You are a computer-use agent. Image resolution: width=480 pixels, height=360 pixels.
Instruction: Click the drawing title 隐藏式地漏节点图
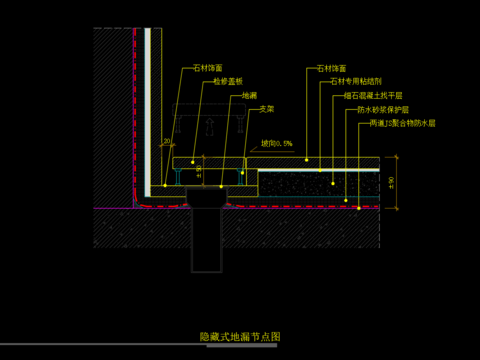coord(240,338)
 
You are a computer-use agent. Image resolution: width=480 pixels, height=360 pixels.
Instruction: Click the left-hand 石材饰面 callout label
coord(209,69)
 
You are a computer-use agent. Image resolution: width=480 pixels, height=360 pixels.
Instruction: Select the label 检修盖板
coord(226,83)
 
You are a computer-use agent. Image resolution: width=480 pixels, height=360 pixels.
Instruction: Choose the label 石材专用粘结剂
coord(351,83)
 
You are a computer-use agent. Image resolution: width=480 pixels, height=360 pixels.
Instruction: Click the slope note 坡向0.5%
coord(276,144)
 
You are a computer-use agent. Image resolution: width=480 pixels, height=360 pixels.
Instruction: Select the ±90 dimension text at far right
coord(392,181)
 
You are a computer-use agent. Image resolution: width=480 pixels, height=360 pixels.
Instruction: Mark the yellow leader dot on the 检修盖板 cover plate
coord(193,160)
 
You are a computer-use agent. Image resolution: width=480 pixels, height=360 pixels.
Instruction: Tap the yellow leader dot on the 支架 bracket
coord(244,171)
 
